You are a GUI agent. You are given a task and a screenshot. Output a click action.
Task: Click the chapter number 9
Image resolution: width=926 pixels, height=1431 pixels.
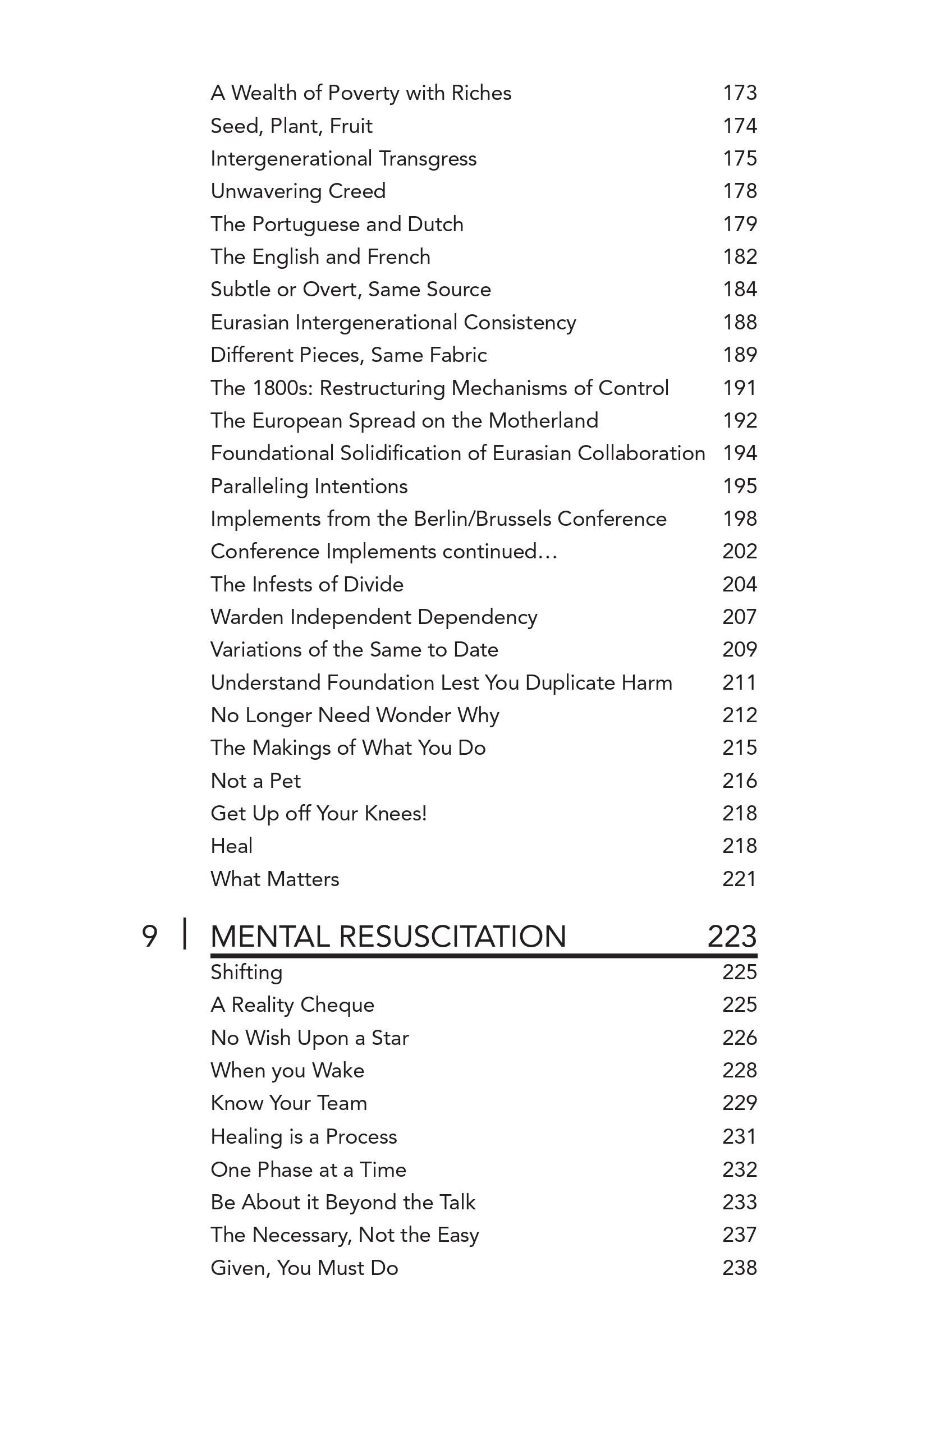[x=149, y=937]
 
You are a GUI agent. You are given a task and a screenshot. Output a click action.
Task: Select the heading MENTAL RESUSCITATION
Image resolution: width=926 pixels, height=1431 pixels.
[x=388, y=937]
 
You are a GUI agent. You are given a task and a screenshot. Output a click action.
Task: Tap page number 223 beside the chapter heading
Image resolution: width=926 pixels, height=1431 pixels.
[x=731, y=937]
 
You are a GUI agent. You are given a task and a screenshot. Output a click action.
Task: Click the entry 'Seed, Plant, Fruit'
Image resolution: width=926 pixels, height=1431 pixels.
[x=291, y=126]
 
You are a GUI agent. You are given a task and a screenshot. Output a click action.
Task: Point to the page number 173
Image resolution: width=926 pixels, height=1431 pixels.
[x=739, y=93]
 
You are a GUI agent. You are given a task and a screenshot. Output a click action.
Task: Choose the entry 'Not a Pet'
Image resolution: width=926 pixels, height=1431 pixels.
[x=255, y=781]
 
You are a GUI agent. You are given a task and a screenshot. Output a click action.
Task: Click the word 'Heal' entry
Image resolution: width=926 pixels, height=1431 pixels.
[x=231, y=846]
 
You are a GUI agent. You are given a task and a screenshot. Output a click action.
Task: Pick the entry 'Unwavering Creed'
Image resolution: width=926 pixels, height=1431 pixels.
[x=297, y=191]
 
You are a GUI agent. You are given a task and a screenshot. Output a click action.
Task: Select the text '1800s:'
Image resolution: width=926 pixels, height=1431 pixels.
[x=283, y=388]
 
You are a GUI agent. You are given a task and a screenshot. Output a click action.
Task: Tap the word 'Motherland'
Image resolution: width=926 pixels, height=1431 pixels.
[x=543, y=420]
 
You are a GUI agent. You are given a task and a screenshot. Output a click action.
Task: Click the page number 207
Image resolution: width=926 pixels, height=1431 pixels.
[x=739, y=617]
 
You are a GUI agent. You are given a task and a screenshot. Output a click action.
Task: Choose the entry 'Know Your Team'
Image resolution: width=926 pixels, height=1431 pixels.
[x=288, y=1103]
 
